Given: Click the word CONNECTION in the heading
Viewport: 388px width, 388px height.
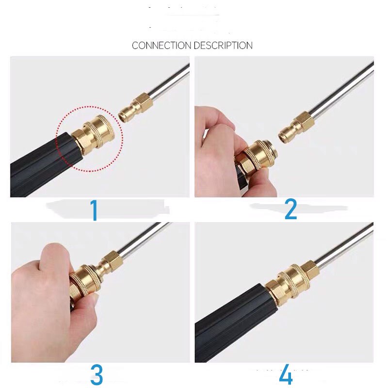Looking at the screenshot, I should [162, 46].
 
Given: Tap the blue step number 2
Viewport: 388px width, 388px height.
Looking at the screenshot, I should [290, 209].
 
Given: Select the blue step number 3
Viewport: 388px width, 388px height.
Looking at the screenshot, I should [97, 375].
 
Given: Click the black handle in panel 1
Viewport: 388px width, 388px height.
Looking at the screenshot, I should [39, 167].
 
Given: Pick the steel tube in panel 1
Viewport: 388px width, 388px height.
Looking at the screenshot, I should [167, 82].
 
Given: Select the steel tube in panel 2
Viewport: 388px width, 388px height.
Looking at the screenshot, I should [339, 90].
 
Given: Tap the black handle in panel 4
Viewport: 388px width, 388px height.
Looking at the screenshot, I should [228, 330].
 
